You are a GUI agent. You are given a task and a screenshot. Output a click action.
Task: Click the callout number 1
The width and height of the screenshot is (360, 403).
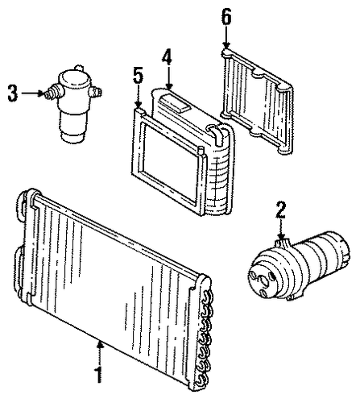[x=98, y=374]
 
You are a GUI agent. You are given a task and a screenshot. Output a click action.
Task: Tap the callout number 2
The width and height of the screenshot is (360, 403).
[x=281, y=210]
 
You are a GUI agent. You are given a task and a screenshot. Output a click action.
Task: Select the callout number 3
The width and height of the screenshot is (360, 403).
[x=13, y=93]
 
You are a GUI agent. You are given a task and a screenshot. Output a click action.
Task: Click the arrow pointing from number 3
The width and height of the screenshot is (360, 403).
[x=32, y=93]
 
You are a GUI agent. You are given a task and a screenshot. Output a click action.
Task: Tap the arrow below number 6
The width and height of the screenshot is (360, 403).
[x=226, y=37]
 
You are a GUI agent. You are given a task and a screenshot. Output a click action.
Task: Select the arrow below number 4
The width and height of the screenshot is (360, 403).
[x=168, y=78]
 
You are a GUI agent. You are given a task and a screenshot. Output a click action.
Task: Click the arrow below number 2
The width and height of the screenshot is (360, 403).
[x=281, y=230]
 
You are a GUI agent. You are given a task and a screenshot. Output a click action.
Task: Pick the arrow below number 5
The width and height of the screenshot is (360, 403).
[x=139, y=97]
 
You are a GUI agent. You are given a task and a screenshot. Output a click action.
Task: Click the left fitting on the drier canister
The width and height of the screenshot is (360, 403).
[x=55, y=91]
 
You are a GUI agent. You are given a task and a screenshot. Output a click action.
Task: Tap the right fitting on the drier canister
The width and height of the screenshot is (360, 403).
[x=95, y=91]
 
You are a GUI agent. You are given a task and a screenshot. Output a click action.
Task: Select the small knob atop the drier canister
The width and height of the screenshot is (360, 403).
[x=78, y=68]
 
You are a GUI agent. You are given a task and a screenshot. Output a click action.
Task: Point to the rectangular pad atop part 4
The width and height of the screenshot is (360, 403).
[x=175, y=104]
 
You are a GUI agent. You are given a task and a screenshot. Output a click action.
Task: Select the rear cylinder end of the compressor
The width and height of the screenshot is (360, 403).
[x=338, y=248]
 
